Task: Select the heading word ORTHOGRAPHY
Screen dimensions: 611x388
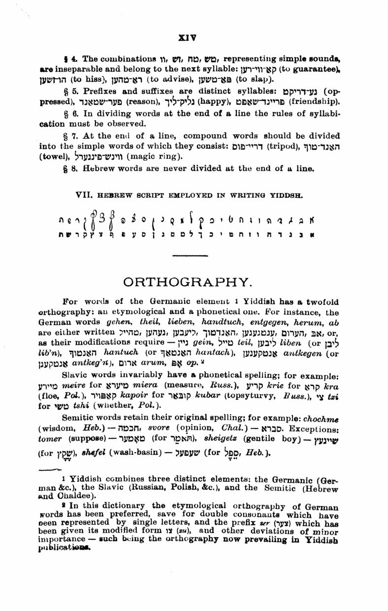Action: click(194, 282)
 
